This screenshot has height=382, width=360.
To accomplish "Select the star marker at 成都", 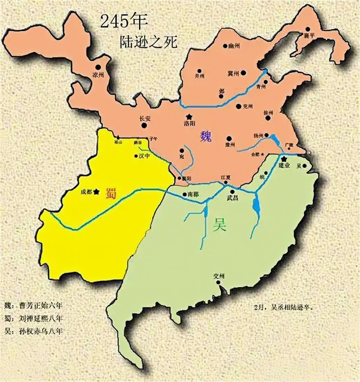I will pyautogui.click(x=96, y=192).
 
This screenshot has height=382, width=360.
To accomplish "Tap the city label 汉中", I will pyautogui.click(x=144, y=156).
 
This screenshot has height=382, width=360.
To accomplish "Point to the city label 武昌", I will pyautogui.click(x=232, y=198).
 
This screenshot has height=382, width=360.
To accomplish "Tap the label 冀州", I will pyautogui.click(x=233, y=73).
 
